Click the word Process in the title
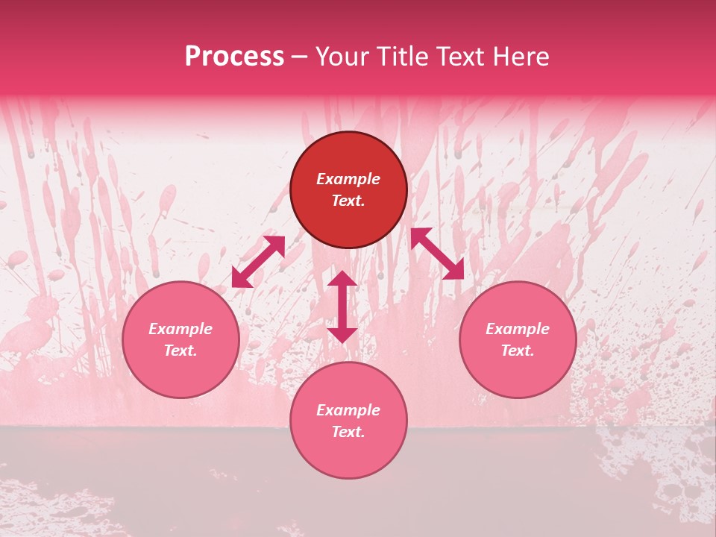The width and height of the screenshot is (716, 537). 234,57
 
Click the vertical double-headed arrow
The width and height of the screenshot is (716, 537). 342,307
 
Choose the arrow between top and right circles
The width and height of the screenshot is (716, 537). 437,254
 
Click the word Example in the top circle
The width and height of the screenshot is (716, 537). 348,179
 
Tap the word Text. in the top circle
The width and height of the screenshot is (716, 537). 348,201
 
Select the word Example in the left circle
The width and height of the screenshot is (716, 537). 180,329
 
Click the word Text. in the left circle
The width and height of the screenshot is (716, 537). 180,351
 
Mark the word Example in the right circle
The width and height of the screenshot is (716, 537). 518,329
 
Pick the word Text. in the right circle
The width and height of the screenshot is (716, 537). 518,351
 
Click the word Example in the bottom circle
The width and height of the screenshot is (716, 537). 348,410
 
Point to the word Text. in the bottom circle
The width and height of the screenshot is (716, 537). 348,432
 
